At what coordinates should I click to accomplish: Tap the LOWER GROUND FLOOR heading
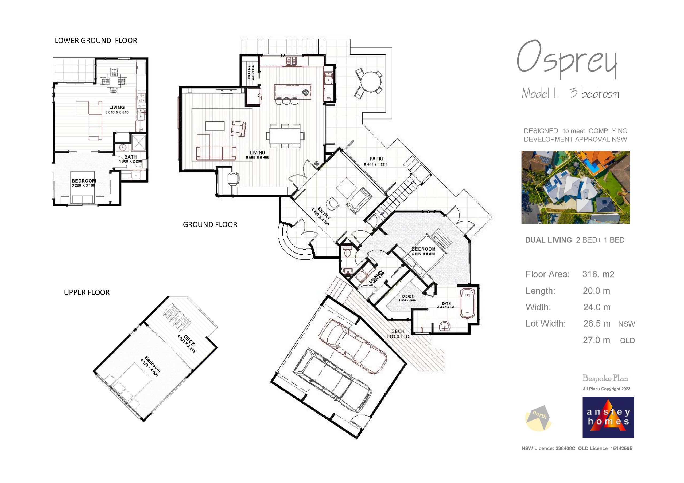click(x=96, y=41)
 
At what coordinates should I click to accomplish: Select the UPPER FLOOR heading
click(x=87, y=292)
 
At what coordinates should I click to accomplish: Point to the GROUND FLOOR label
click(x=210, y=224)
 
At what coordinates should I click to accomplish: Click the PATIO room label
click(x=376, y=159)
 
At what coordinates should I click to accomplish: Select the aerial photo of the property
click(x=575, y=187)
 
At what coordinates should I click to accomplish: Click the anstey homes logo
click(x=608, y=417)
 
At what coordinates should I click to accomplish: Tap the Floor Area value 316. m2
click(x=598, y=274)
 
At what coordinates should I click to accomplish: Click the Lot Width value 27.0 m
click(x=596, y=340)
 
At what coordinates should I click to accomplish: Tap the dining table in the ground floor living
click(x=285, y=136)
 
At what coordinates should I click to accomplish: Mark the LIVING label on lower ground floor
click(x=117, y=108)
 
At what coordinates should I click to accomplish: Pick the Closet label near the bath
click(x=407, y=296)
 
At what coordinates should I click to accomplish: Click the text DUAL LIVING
click(x=548, y=240)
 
